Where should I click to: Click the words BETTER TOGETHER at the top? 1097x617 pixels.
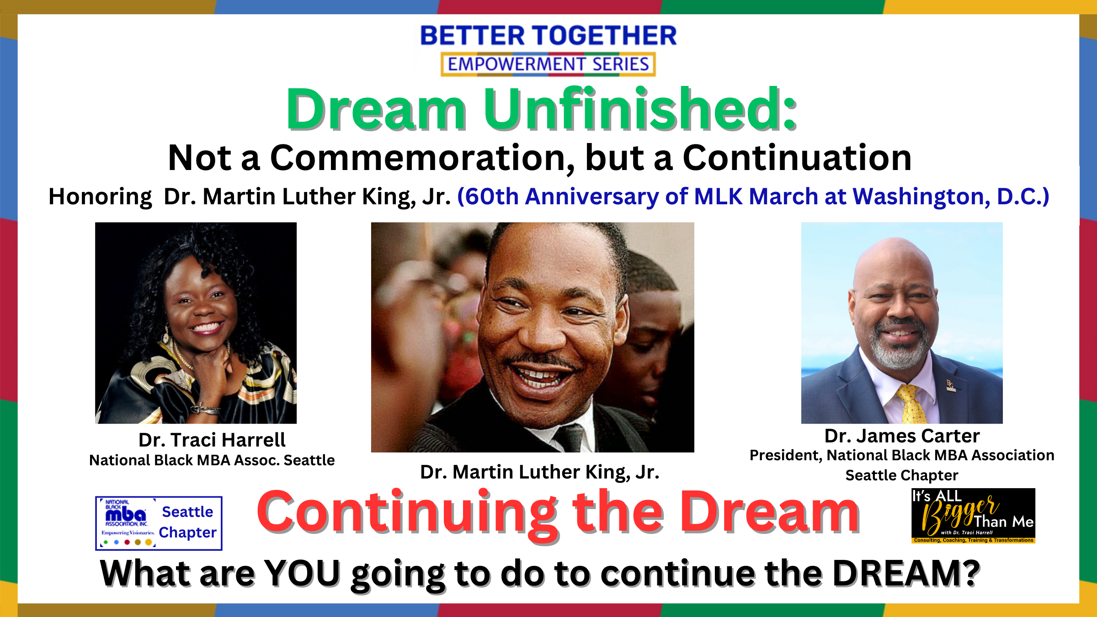pyautogui.click(x=548, y=36)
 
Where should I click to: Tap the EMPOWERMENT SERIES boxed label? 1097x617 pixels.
pyautogui.click(x=548, y=64)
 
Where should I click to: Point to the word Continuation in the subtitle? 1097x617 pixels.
pyautogui.click(x=797, y=158)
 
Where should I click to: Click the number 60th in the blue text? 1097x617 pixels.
pyautogui.click(x=492, y=197)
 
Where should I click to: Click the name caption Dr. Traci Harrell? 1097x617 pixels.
pyautogui.click(x=212, y=440)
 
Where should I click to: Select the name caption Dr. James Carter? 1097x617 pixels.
pyautogui.click(x=902, y=436)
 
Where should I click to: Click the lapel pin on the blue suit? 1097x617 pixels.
pyautogui.click(x=950, y=385)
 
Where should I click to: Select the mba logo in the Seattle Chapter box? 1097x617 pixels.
pyautogui.click(x=126, y=515)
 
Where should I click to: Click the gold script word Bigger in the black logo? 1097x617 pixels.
pyautogui.click(x=960, y=515)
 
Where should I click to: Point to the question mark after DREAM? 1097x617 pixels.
pyautogui.click(x=970, y=573)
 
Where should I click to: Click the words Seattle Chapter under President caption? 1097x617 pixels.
pyautogui.click(x=902, y=476)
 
